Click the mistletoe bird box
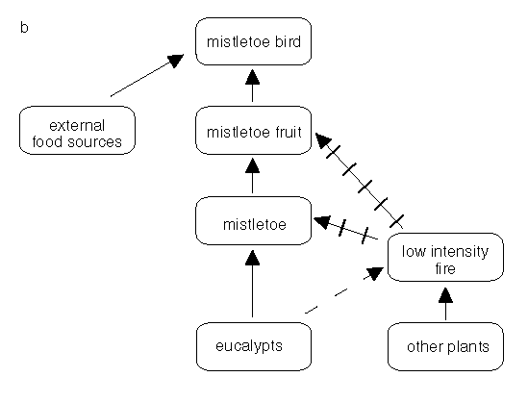253,41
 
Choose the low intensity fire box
444,260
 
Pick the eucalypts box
253,347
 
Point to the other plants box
444,347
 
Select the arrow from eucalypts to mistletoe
253,284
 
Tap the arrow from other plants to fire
444,305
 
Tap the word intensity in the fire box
460,252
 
